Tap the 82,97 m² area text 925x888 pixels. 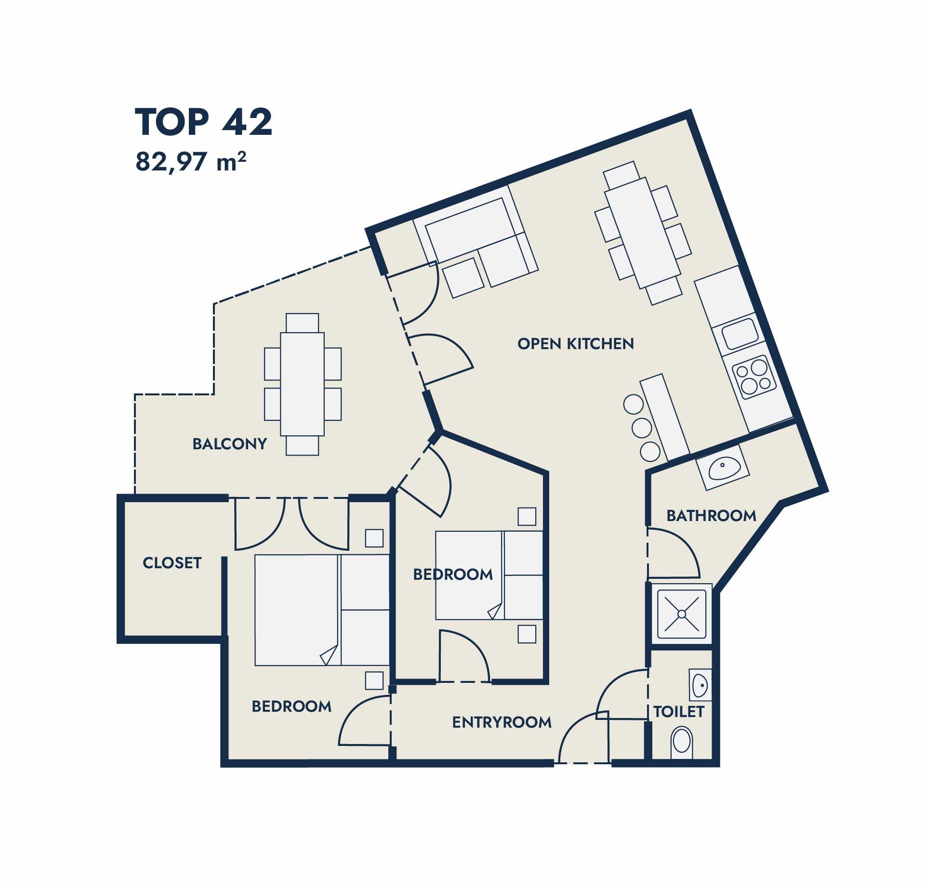pyautogui.click(x=191, y=162)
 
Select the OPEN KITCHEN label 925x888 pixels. pyautogui.click(x=576, y=344)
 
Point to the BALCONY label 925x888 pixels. pyautogui.click(x=229, y=444)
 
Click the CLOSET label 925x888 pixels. pyautogui.click(x=172, y=562)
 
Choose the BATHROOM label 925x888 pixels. pyautogui.click(x=711, y=516)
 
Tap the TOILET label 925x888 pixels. pyautogui.click(x=679, y=712)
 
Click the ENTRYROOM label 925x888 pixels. pyautogui.click(x=502, y=722)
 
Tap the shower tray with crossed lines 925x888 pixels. pyautogui.click(x=682, y=614)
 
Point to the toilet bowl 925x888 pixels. pyautogui.click(x=682, y=742)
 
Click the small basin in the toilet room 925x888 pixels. pyautogui.click(x=700, y=685)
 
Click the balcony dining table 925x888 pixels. pyautogui.click(x=303, y=384)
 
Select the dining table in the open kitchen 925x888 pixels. pyautogui.click(x=643, y=233)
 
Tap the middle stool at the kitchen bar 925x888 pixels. pyautogui.click(x=642, y=428)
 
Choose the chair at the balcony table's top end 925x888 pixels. pyautogui.click(x=302, y=323)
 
